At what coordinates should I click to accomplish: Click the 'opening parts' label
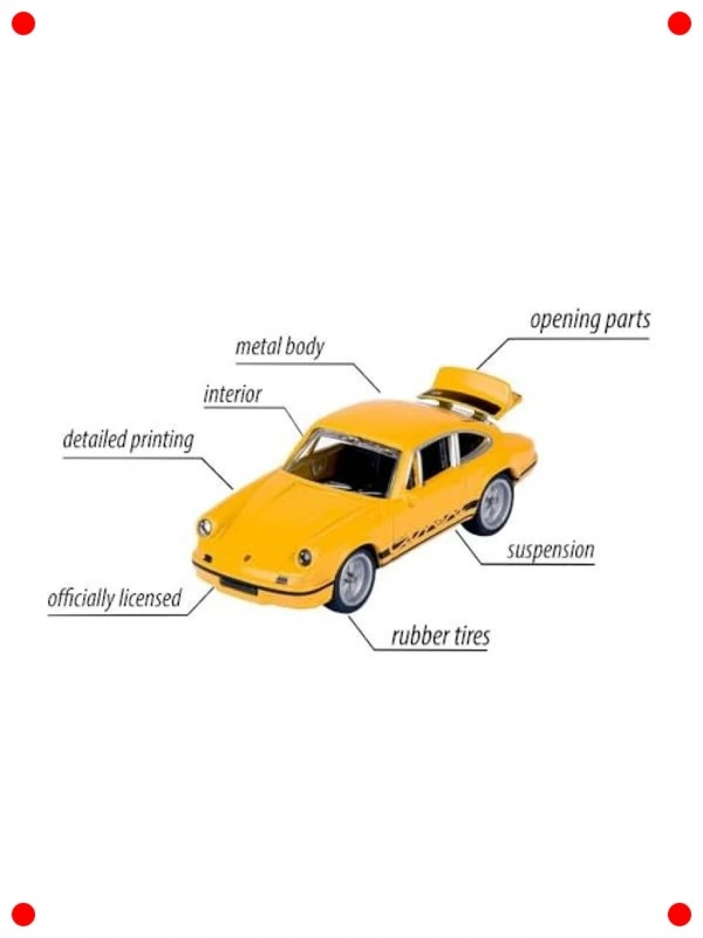click(x=590, y=321)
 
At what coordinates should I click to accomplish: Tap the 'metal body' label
click(x=279, y=346)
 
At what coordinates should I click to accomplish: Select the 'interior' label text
click(x=233, y=394)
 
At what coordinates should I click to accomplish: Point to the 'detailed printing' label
click(x=128, y=440)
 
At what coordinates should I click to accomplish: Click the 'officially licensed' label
click(x=115, y=599)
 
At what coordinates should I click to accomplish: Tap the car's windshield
click(x=341, y=464)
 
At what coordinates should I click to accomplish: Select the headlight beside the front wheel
click(x=305, y=557)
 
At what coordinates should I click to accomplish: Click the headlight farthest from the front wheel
click(x=205, y=527)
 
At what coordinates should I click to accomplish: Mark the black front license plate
click(x=239, y=585)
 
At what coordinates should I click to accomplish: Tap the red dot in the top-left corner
click(x=23, y=23)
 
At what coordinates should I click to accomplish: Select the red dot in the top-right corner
click(x=679, y=23)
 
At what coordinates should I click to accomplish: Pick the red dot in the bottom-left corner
click(x=23, y=914)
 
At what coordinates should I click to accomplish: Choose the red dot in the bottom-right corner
click(x=679, y=914)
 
